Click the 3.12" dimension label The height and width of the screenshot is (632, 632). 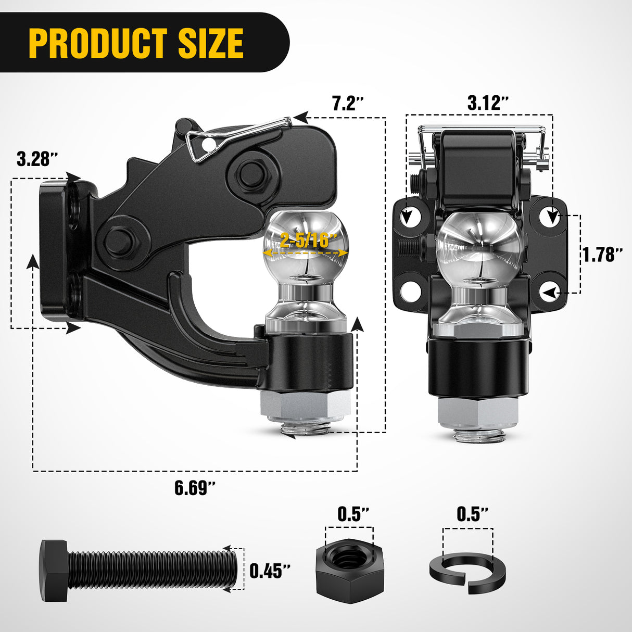tap(488, 103)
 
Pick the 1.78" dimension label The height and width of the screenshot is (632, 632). tap(602, 255)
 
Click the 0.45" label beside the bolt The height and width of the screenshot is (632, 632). tap(269, 571)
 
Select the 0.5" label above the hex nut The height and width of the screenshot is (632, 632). tap(353, 514)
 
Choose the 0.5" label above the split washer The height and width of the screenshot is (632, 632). tap(473, 514)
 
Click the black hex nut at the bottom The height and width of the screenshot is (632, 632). tap(349, 570)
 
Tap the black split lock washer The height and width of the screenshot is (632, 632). tap(467, 573)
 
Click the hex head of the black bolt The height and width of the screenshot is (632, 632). tap(54, 571)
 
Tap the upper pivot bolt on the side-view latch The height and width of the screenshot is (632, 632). tap(251, 174)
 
